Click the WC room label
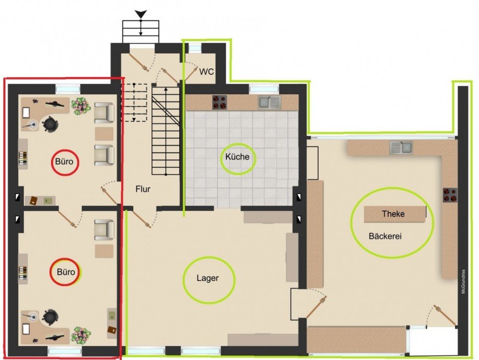click(207, 72)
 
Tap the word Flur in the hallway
click(143, 189)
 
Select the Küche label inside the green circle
click(237, 157)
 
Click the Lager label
click(208, 278)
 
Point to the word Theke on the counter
click(393, 214)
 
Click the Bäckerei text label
click(385, 236)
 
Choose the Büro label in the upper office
click(64, 161)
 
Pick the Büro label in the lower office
click(66, 272)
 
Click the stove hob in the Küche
click(220, 103)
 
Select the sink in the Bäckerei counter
click(401, 147)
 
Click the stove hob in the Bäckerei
click(450, 195)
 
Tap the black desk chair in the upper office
click(50, 123)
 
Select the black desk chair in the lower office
click(50, 316)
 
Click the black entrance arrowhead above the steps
click(141, 14)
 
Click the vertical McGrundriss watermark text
click(463, 282)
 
